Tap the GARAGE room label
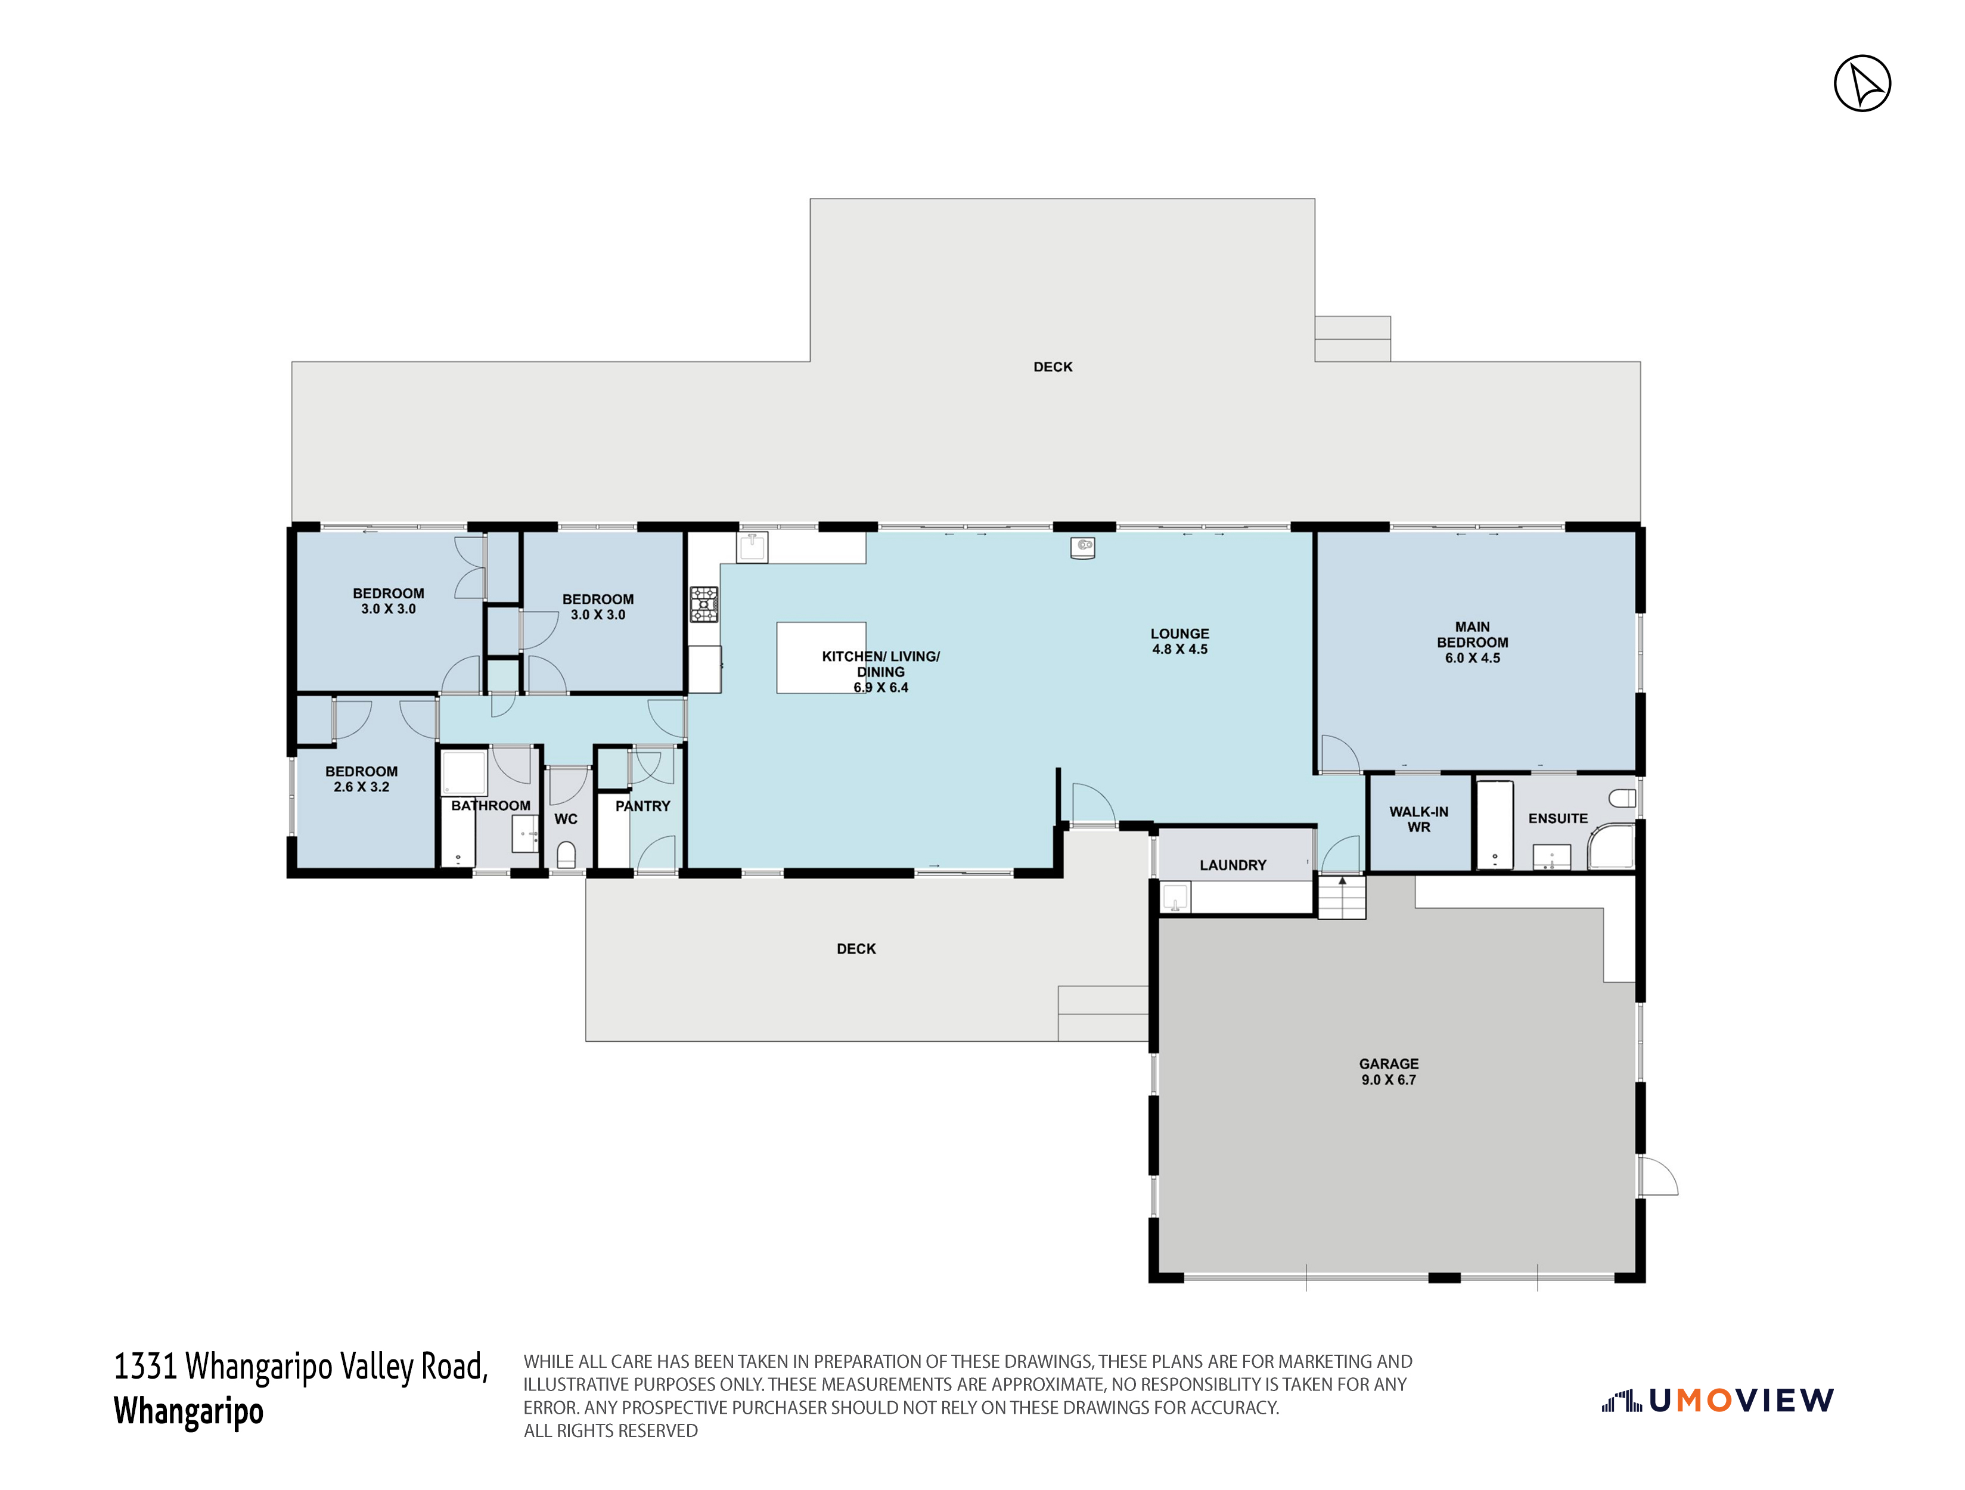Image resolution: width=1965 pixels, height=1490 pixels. pyautogui.click(x=1389, y=1072)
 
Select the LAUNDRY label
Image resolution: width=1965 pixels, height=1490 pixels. pyautogui.click(x=1233, y=865)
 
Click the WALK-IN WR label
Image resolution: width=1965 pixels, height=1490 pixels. pyautogui.click(x=1418, y=819)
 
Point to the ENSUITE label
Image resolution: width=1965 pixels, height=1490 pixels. pyautogui.click(x=1558, y=818)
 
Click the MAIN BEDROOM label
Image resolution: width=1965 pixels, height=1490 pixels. pyautogui.click(x=1472, y=642)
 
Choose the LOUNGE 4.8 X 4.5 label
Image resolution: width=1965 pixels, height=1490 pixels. pyautogui.click(x=1179, y=641)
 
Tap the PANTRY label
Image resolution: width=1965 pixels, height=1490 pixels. pyautogui.click(x=642, y=806)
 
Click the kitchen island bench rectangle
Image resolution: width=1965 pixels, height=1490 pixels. pyautogui.click(x=821, y=657)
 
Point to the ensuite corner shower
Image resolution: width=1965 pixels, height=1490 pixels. pyautogui.click(x=1612, y=846)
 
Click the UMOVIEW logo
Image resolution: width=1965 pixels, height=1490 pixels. pyautogui.click(x=1718, y=1401)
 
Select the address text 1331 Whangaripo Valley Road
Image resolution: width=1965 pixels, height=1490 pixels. pyautogui.click(x=301, y=1367)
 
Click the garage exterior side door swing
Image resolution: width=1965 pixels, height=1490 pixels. pyautogui.click(x=1657, y=1175)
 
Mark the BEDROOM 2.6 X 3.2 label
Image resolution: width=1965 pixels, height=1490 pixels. pyautogui.click(x=362, y=779)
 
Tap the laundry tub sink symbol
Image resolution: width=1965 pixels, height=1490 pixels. pyautogui.click(x=1175, y=898)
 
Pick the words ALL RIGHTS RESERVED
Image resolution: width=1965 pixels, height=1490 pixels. pyautogui.click(x=611, y=1430)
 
